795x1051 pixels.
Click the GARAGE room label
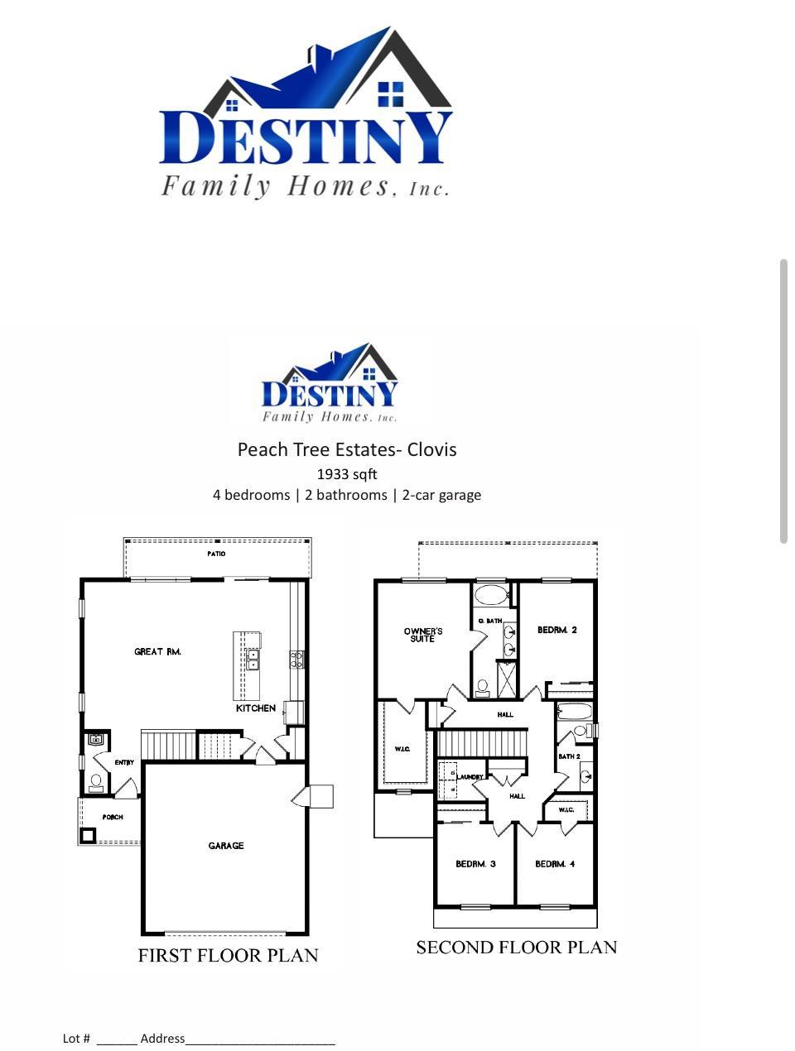click(226, 846)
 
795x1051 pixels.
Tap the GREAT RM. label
click(157, 652)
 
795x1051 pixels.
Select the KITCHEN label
click(256, 708)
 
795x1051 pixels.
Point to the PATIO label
click(216, 554)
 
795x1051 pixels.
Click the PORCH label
click(113, 817)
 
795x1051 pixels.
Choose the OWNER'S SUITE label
click(423, 635)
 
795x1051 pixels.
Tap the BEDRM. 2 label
click(557, 631)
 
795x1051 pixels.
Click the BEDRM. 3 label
click(475, 864)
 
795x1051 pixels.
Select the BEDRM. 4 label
click(555, 864)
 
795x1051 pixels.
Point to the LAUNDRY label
click(470, 777)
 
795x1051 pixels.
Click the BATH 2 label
click(569, 756)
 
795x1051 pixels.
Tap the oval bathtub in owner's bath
click(492, 595)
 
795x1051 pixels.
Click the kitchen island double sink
click(253, 660)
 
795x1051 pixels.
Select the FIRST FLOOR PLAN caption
click(228, 956)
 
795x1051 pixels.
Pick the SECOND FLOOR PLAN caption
click(516, 948)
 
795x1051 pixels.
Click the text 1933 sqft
click(347, 474)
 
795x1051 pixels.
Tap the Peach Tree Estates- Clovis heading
click(347, 449)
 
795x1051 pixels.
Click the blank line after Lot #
click(116, 1039)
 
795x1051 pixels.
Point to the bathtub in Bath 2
click(574, 712)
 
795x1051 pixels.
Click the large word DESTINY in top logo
click(306, 138)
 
